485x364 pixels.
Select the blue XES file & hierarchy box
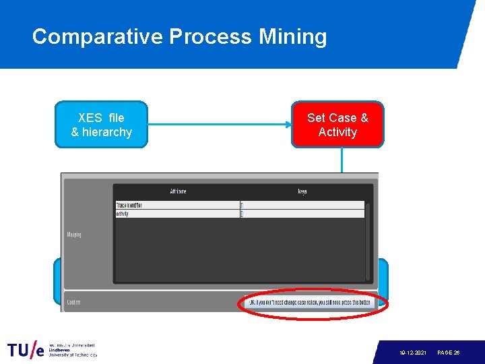click(x=101, y=125)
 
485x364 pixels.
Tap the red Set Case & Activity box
click(x=337, y=125)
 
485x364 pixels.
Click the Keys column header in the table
click(x=302, y=191)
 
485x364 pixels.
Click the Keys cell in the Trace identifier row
click(x=302, y=205)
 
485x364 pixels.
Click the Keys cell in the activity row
click(x=302, y=214)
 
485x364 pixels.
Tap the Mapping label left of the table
click(x=74, y=235)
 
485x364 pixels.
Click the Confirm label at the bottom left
click(x=73, y=303)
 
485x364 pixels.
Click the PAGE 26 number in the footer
click(x=448, y=353)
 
